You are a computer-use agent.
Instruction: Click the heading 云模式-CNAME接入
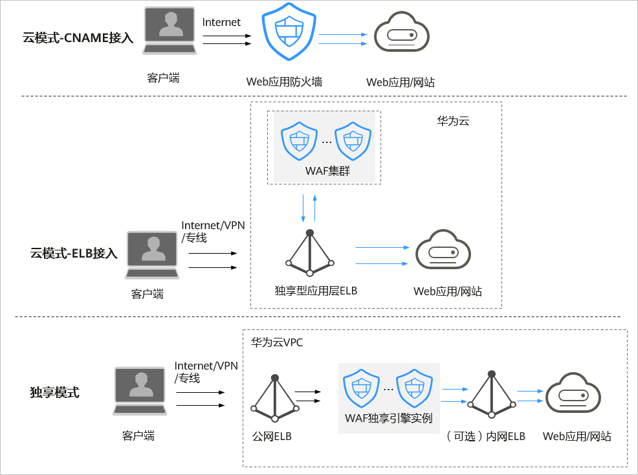click(x=78, y=38)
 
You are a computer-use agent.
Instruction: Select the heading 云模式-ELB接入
click(x=74, y=253)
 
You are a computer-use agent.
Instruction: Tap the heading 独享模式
click(x=54, y=392)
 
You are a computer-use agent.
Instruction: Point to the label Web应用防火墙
click(x=284, y=82)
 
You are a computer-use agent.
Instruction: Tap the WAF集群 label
click(x=324, y=171)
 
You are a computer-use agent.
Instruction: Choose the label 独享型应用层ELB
click(x=316, y=291)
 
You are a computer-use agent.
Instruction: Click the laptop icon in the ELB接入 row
click(x=153, y=255)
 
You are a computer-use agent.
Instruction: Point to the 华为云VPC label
click(x=277, y=342)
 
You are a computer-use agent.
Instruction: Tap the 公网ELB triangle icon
click(x=275, y=397)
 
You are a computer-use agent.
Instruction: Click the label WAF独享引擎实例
click(x=388, y=417)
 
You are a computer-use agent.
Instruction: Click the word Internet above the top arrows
click(x=221, y=23)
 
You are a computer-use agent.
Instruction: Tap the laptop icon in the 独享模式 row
click(x=140, y=391)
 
